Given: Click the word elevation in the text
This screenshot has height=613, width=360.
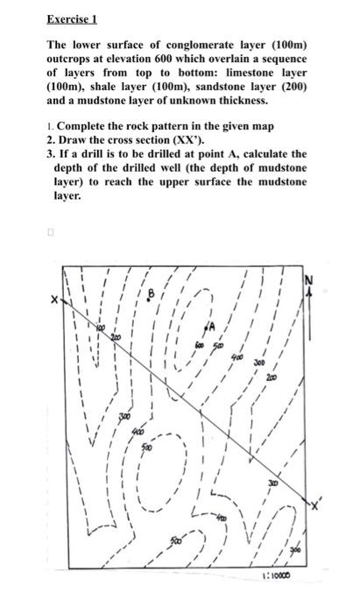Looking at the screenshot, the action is pyautogui.click(x=149, y=59).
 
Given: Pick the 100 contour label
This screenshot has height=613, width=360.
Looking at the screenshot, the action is pyautogui.click(x=100, y=328).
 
